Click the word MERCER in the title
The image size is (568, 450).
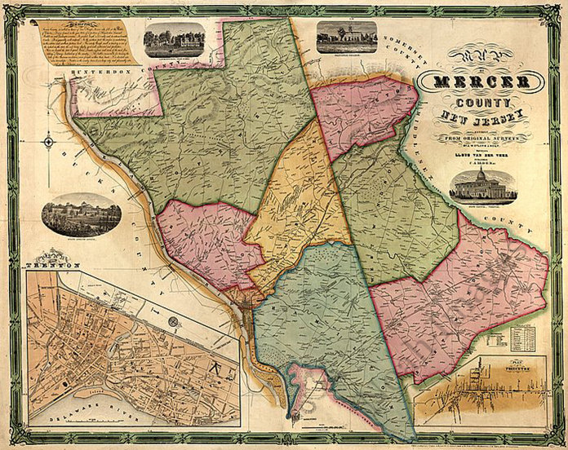click(481, 84)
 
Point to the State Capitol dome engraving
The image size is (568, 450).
click(481, 186)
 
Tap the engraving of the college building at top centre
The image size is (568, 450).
click(346, 37)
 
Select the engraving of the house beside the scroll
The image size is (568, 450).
click(174, 37)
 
